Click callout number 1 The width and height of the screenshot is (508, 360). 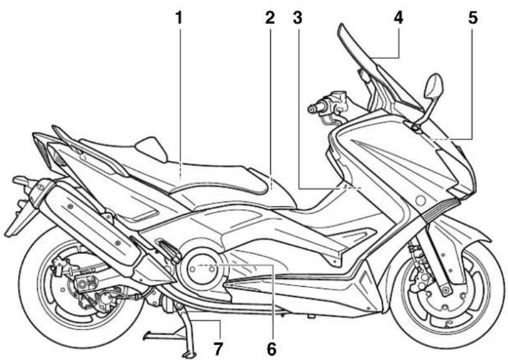(x=179, y=18)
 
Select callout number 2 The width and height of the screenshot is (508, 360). (x=270, y=18)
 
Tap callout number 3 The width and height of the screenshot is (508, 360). (x=297, y=18)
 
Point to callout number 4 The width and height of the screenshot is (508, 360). (x=399, y=18)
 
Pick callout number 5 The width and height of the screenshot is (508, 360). (x=473, y=18)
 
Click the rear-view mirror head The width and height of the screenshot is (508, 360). (x=434, y=85)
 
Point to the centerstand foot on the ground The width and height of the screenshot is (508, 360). (x=189, y=354)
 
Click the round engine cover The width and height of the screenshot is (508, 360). (x=201, y=269)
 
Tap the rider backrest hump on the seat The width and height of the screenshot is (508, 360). (x=152, y=148)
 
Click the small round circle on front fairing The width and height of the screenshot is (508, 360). (x=420, y=201)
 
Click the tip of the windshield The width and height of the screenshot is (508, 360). (x=340, y=25)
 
